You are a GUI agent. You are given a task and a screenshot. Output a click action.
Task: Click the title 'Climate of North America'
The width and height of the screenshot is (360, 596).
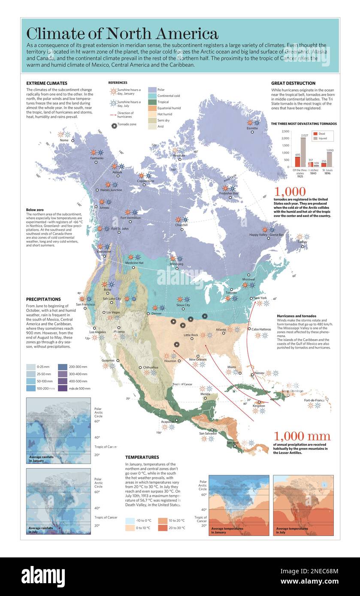122,33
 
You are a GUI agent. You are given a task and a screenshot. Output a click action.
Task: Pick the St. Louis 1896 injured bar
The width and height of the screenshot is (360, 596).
330,160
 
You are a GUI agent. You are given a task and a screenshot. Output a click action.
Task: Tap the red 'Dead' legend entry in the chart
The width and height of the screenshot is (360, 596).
315,133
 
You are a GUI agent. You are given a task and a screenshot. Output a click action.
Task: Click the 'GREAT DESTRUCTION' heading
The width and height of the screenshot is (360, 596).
293,83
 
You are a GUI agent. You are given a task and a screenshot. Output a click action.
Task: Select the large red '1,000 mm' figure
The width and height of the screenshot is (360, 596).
302,436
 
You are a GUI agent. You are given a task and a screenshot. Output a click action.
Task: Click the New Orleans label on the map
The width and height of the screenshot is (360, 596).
198,359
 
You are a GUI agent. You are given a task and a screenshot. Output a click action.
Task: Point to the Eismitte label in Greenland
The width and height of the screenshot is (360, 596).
252,128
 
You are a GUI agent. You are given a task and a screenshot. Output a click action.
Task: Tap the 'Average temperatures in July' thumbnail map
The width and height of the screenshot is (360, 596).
303,505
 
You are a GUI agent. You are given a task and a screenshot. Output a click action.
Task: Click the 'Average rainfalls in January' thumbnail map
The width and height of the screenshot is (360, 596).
58,430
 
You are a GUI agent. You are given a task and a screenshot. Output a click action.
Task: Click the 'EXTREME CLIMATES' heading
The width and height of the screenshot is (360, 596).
46,83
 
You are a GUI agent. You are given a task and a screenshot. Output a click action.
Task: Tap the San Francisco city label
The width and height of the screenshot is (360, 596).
85,304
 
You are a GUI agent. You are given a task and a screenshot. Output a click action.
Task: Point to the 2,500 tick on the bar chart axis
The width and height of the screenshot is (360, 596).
284,131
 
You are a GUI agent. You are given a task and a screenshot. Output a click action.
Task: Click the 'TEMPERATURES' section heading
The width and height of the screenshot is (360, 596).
142,457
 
